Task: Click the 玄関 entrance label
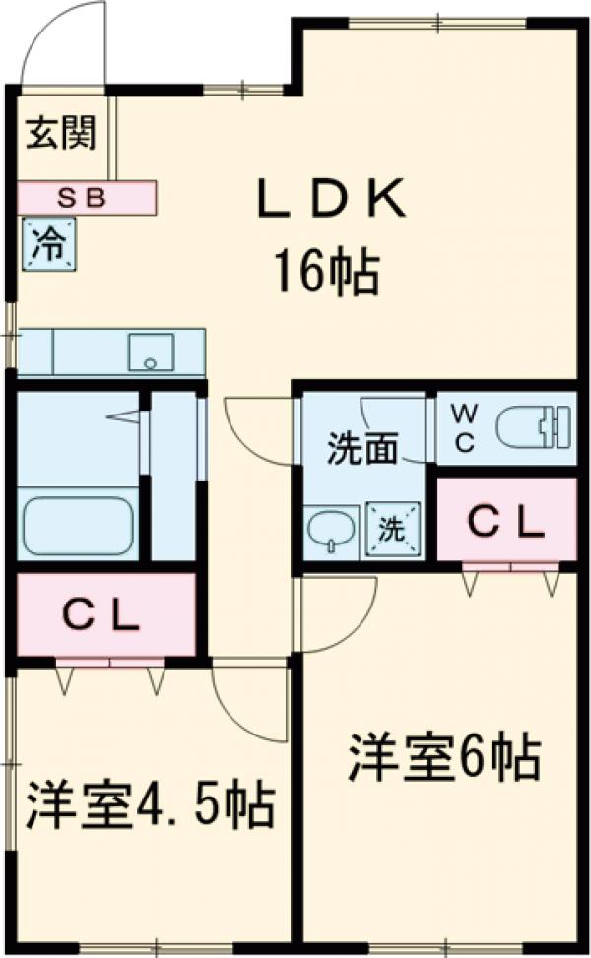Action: point(61,132)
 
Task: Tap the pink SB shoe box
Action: point(87,198)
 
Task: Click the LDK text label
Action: point(331,201)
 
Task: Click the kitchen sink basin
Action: point(151,351)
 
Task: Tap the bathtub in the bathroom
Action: point(77,524)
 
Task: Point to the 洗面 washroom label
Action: point(362,449)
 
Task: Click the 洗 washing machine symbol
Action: point(392,529)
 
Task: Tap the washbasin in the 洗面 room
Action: point(328,532)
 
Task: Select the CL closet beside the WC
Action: point(506,519)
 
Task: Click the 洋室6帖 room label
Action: point(443,757)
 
